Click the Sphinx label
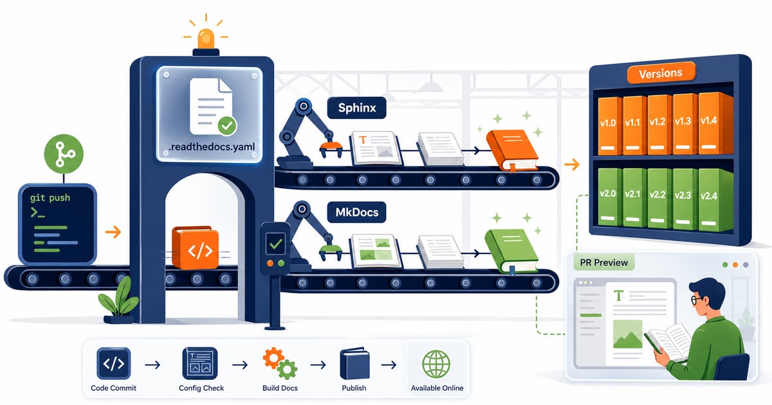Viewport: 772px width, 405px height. click(x=356, y=108)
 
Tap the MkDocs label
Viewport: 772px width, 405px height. click(x=356, y=212)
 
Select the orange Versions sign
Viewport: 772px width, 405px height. click(x=660, y=73)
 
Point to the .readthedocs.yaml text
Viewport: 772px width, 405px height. click(x=212, y=147)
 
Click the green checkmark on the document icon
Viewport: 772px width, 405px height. click(x=227, y=126)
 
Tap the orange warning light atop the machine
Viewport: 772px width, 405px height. click(x=206, y=39)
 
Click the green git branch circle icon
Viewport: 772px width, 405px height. click(x=64, y=154)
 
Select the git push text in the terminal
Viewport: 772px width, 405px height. click(x=50, y=198)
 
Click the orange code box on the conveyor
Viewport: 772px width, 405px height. click(x=195, y=248)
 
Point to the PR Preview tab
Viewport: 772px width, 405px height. click(x=604, y=262)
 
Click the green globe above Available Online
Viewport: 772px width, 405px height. click(x=436, y=364)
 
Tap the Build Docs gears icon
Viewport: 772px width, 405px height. click(x=280, y=363)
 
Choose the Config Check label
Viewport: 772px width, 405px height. click(x=201, y=388)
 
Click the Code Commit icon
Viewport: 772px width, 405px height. click(x=114, y=363)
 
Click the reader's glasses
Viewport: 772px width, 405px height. click(x=696, y=300)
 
